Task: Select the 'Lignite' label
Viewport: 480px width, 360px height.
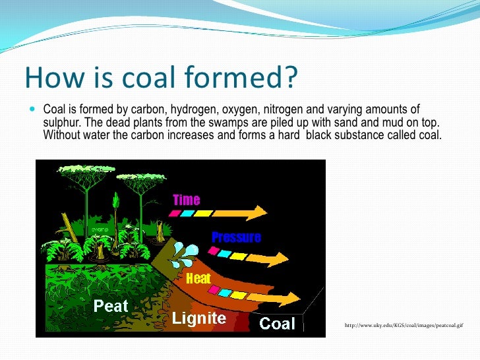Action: coord(199,319)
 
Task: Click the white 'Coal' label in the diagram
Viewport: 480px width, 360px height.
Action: coord(278,323)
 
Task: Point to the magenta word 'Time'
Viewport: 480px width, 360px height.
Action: coord(186,199)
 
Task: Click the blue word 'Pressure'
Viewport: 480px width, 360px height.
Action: coord(236,237)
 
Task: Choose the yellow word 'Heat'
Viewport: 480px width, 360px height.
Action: coord(198,278)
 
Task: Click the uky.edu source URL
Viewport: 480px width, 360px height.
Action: coord(403,325)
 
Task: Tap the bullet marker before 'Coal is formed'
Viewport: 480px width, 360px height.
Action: coord(34,109)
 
